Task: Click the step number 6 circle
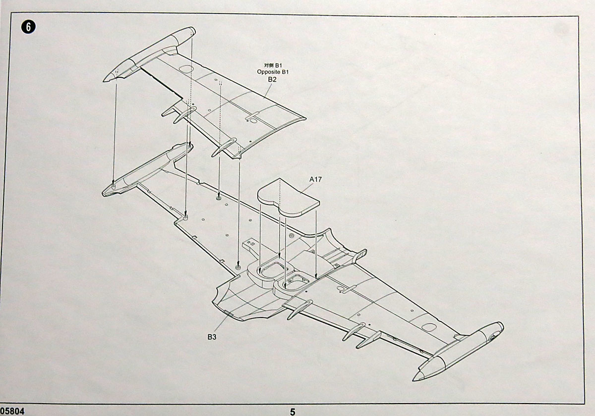[29, 27]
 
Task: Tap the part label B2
[272, 79]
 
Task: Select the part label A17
[316, 180]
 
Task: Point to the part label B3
[212, 337]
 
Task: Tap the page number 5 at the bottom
[293, 411]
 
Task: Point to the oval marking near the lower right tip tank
[428, 327]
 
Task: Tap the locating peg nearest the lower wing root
[238, 267]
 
